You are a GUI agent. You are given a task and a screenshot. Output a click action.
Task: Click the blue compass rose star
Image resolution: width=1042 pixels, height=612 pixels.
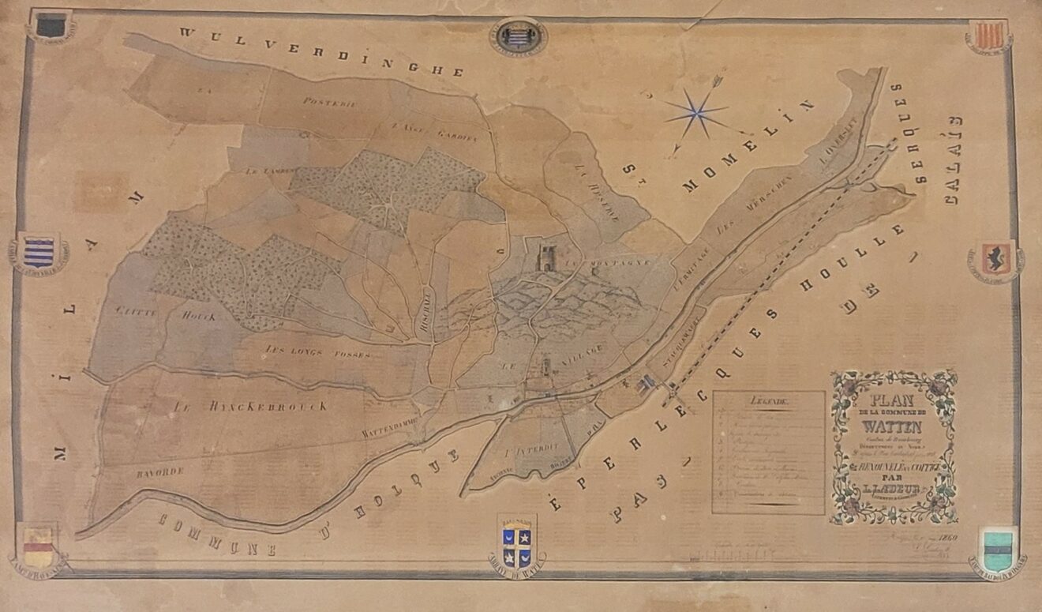tap(696, 114)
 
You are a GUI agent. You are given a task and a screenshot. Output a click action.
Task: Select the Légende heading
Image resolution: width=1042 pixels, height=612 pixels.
tap(769, 402)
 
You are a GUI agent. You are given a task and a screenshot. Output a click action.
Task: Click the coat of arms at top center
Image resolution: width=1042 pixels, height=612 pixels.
tap(518, 36)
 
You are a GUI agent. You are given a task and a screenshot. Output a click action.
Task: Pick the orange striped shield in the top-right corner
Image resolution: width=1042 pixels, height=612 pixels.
tap(988, 35)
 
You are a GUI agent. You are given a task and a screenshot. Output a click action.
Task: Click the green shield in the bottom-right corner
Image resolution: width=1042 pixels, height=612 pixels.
tap(997, 544)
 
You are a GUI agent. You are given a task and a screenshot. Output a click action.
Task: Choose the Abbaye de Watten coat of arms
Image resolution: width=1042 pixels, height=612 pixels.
tap(517, 541)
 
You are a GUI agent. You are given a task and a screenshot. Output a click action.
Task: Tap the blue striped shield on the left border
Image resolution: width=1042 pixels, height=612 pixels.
tap(39, 252)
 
